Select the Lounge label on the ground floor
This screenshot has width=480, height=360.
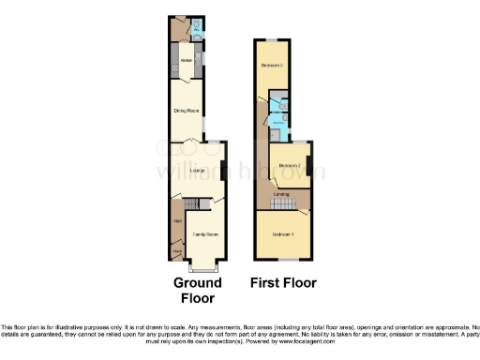click(x=197, y=171)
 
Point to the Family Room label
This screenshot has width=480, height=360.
click(x=204, y=232)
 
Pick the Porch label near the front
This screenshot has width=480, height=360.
click(x=176, y=251)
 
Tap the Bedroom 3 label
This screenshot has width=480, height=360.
click(x=272, y=65)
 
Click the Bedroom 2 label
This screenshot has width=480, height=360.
click(x=289, y=165)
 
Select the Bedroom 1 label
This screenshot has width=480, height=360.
click(x=283, y=233)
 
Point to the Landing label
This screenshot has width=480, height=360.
click(x=280, y=194)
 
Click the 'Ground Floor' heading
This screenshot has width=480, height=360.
click(x=198, y=290)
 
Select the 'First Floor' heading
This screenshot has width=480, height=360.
click(x=283, y=282)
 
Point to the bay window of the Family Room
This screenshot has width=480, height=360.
click(x=204, y=263)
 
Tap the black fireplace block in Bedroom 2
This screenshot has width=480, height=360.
click(x=308, y=167)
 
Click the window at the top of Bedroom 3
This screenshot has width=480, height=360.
click(x=271, y=40)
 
